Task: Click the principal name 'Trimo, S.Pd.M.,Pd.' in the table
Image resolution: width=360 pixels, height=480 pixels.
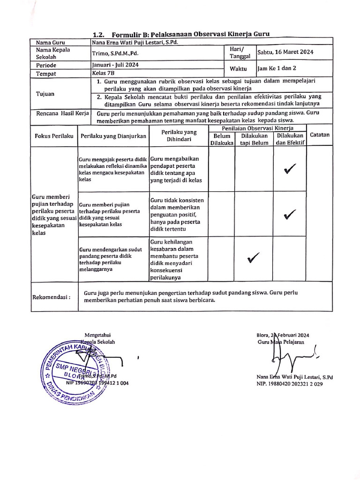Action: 115,53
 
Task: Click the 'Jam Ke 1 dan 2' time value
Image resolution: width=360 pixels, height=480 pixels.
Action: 277,68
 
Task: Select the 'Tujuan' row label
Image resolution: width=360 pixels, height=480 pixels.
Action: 45,94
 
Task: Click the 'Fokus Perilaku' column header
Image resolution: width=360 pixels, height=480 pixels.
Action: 54,136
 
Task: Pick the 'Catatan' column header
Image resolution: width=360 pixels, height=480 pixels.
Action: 320,135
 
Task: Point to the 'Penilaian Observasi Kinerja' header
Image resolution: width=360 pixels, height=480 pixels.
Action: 257,128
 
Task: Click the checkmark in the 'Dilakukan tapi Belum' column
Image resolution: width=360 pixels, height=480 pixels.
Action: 254,257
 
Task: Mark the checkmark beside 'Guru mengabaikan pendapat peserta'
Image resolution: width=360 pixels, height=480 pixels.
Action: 290,170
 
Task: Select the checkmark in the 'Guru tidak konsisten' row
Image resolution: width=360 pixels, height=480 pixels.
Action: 290,215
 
